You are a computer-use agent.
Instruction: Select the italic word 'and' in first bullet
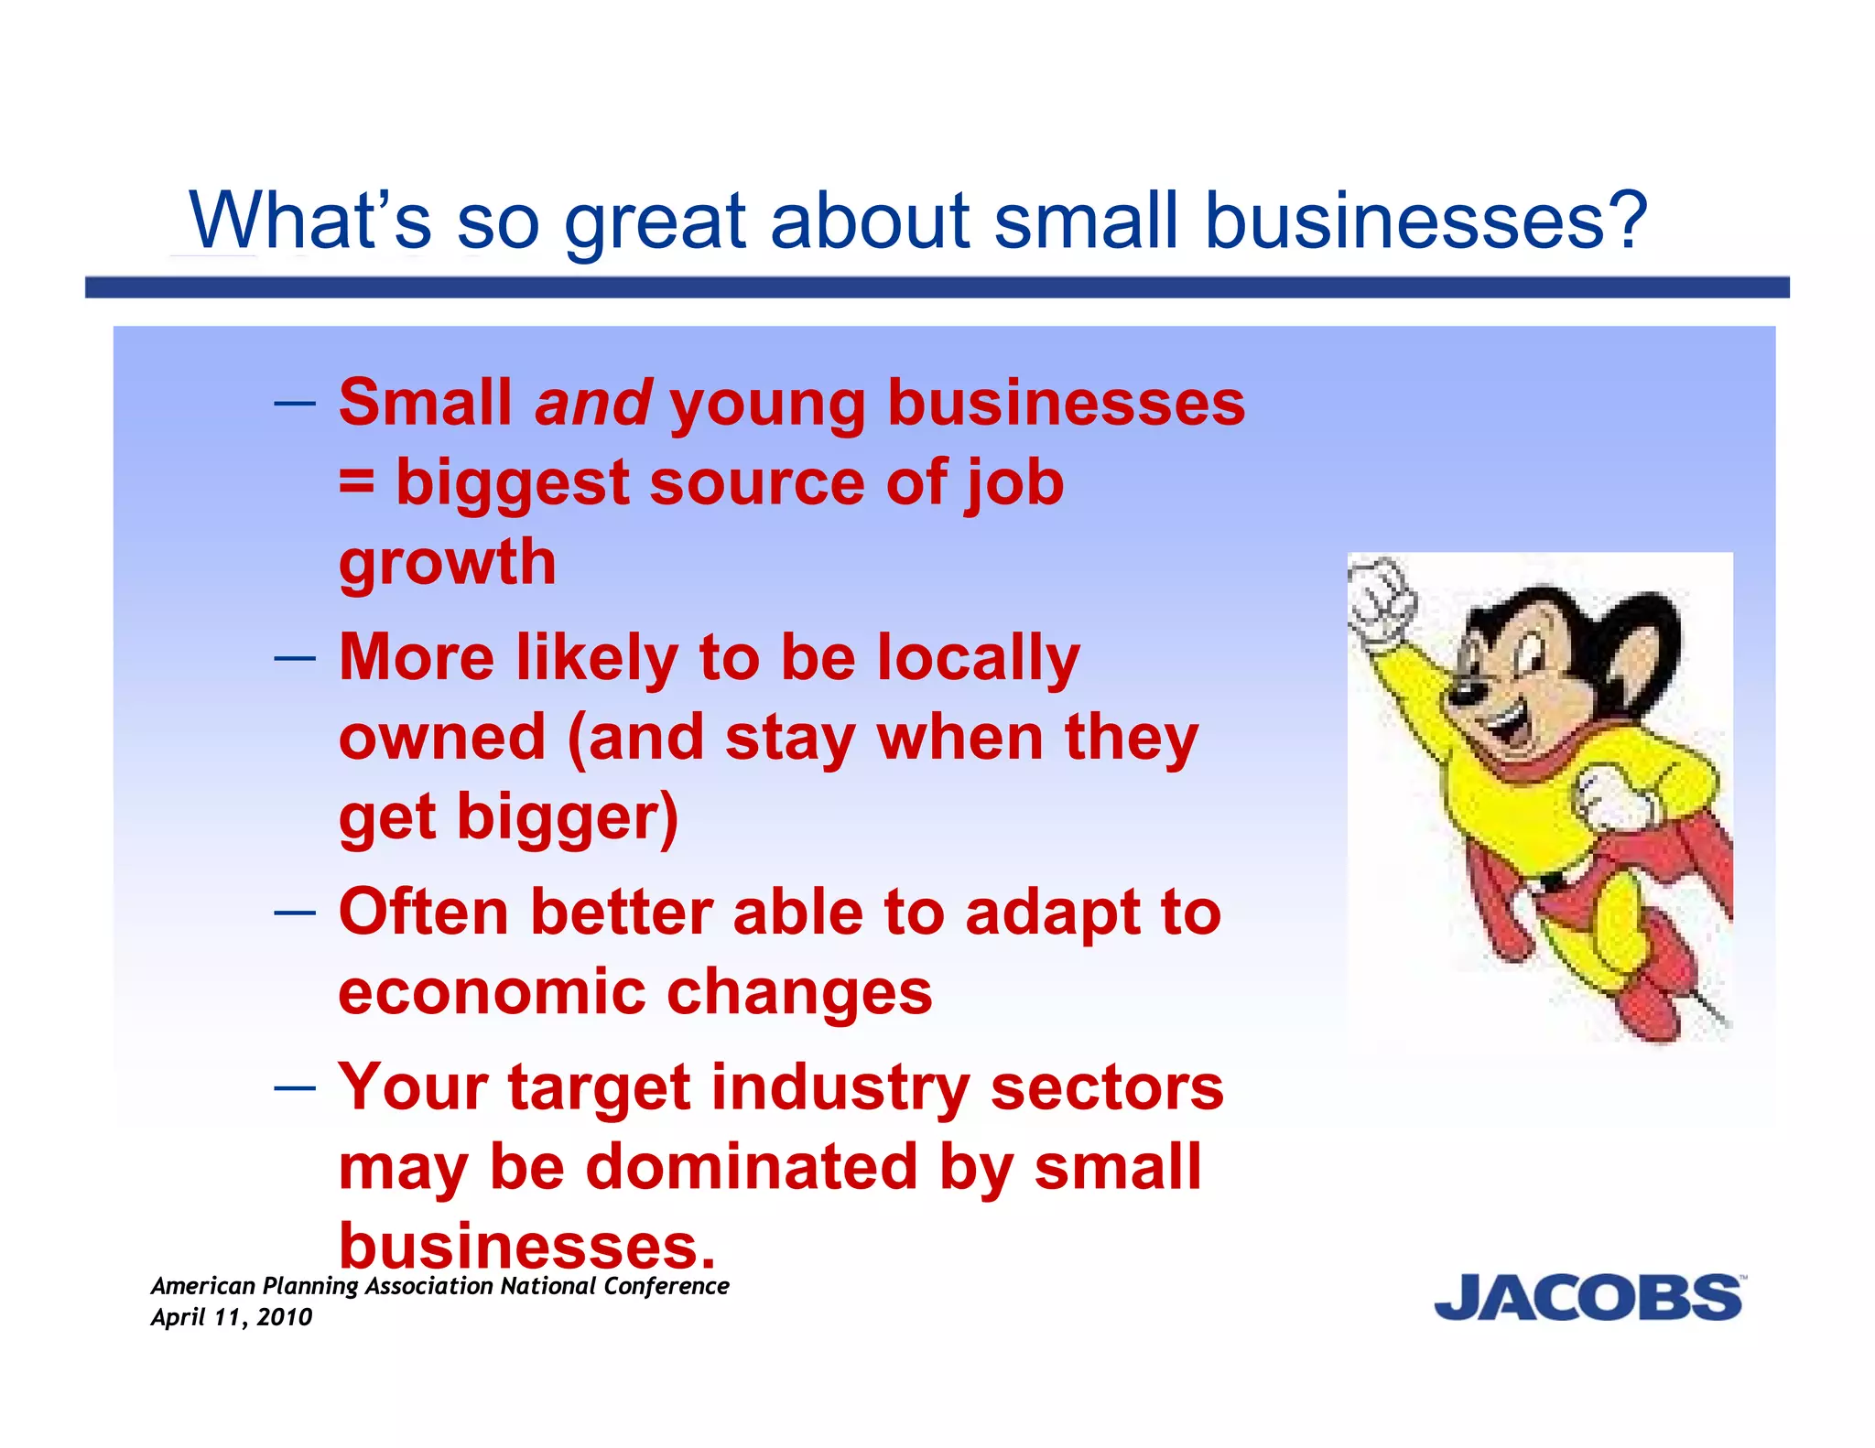[x=593, y=404]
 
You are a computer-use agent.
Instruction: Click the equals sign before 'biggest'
[x=356, y=482]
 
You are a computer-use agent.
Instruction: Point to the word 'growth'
[x=448, y=562]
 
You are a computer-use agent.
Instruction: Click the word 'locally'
[x=978, y=659]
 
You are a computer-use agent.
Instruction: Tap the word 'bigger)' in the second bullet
[x=568, y=817]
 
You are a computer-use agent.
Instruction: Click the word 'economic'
[x=491, y=993]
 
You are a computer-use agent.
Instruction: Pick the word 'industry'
[x=840, y=1088]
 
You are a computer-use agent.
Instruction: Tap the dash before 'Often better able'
[x=295, y=913]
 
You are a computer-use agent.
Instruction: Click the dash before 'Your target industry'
[x=295, y=1088]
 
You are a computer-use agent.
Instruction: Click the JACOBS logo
[x=1588, y=1298]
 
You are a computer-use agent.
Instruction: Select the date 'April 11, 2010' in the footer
[x=232, y=1317]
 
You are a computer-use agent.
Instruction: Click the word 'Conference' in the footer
[x=667, y=1286]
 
